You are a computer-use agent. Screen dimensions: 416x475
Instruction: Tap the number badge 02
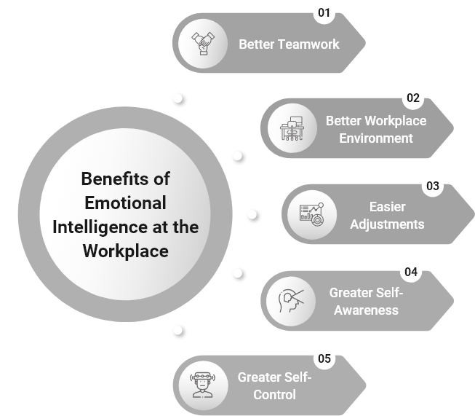point(413,98)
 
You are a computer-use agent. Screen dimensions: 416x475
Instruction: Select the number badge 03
point(433,186)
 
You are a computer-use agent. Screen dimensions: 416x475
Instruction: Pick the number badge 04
point(411,272)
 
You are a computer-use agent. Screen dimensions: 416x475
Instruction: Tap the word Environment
point(376,138)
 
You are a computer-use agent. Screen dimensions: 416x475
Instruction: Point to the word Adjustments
point(387,224)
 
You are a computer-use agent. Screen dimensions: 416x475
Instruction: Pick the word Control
point(275,395)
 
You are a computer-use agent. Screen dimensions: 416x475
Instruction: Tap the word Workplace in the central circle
point(125,251)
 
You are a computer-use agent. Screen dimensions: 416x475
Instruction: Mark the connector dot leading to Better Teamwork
point(177,98)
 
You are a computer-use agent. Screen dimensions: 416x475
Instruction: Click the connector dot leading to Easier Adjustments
point(252,214)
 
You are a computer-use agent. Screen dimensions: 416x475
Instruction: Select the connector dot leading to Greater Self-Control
point(177,330)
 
